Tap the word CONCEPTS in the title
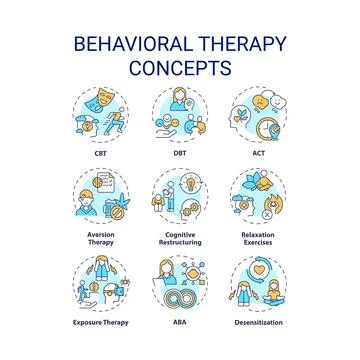[180, 68]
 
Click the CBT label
[103, 155]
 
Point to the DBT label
[180, 155]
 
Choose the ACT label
[256, 155]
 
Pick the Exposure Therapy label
[103, 323]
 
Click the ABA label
[180, 323]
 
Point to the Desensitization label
[256, 323]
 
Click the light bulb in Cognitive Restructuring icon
[185, 185]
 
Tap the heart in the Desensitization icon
[258, 273]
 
